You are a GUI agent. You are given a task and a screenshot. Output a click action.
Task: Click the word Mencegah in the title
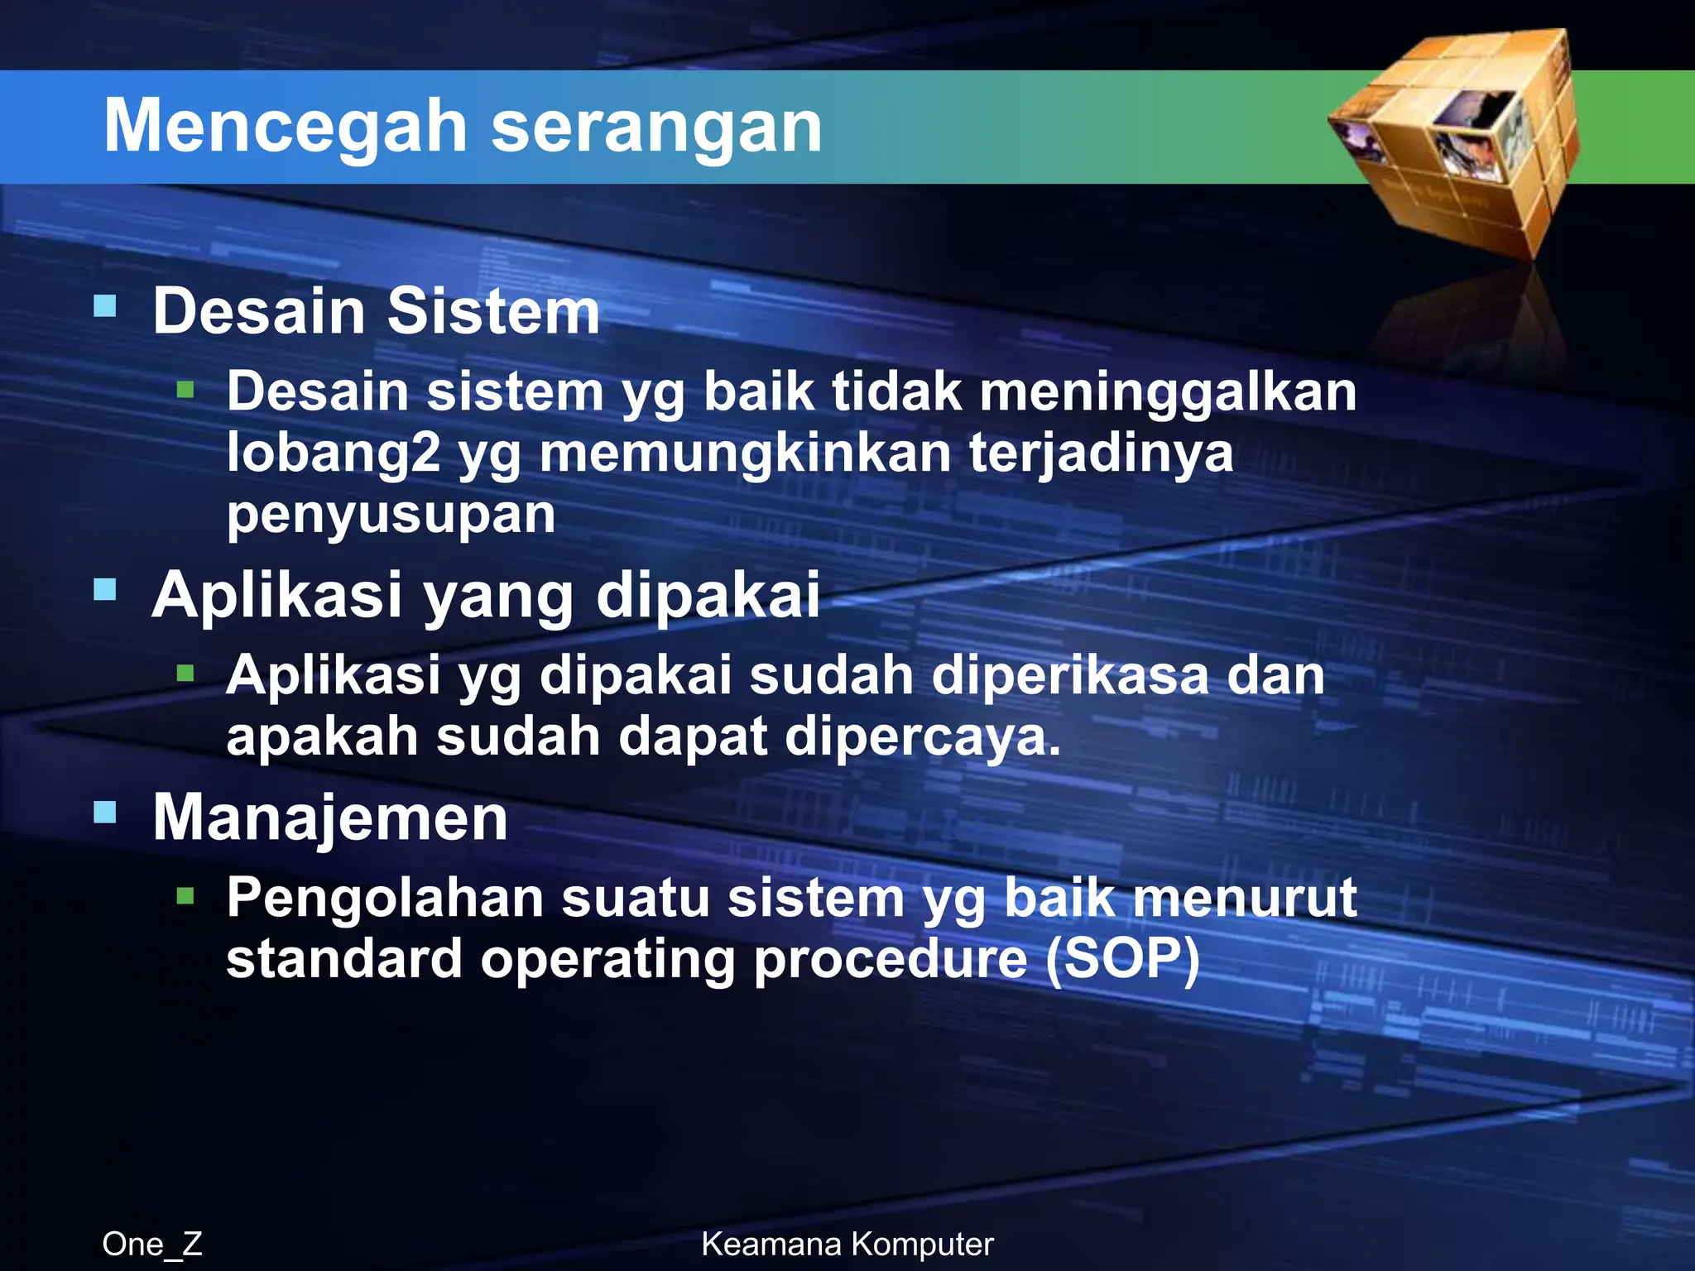[286, 127]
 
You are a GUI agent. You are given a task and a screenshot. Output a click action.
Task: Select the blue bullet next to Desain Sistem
[105, 306]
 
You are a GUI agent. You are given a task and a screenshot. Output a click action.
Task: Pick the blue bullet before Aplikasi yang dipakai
[105, 589]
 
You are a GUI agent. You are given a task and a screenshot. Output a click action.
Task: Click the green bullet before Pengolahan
[185, 895]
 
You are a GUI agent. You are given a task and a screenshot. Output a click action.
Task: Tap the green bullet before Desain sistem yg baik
[185, 389]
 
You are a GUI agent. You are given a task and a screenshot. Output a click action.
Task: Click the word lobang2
[334, 453]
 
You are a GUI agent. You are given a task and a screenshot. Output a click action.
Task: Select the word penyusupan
[391, 515]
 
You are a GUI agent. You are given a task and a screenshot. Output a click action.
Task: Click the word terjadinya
[1101, 453]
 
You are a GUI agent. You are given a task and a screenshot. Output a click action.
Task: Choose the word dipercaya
[921, 736]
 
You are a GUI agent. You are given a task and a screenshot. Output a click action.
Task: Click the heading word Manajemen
[329, 818]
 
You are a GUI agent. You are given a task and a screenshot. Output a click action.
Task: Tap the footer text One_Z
[152, 1244]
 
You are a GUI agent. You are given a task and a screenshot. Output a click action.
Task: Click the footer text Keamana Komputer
[847, 1244]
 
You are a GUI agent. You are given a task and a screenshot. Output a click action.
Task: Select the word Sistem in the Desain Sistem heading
[493, 311]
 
